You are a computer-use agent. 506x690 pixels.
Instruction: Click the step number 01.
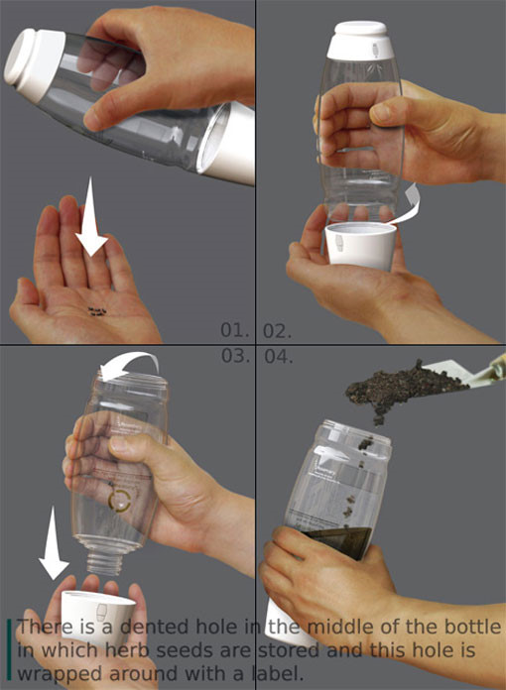tap(235, 330)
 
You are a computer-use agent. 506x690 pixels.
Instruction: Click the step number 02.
tap(278, 331)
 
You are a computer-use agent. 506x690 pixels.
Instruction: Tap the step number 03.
tap(235, 356)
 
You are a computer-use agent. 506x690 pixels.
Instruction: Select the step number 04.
tap(279, 357)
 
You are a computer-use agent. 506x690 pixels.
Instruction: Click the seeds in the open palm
tap(97, 311)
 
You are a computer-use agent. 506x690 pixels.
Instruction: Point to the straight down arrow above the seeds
tap(90, 216)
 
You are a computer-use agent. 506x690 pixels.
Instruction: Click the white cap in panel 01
tap(34, 66)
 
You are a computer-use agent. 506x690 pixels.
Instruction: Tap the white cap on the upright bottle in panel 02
tap(360, 40)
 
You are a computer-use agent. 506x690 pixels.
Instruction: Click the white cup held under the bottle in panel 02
tap(361, 246)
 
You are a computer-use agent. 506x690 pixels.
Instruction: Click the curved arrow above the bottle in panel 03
tap(129, 362)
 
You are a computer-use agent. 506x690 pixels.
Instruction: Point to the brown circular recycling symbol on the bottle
tap(119, 501)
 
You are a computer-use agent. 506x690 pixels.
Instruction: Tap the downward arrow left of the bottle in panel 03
tap(54, 542)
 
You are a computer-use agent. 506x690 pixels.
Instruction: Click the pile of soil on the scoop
tap(403, 390)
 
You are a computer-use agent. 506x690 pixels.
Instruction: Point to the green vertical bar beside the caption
tap(8, 650)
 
